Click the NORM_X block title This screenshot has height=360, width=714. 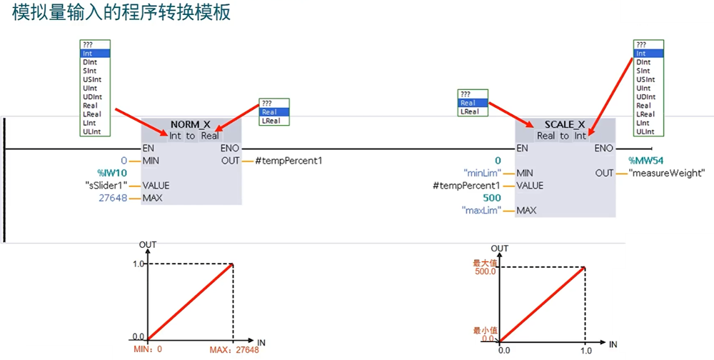pos(191,124)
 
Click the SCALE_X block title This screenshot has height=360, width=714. pos(565,124)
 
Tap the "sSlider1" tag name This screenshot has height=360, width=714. pos(106,185)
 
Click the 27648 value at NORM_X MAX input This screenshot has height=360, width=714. pos(114,198)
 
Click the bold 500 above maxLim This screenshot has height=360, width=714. pos(493,198)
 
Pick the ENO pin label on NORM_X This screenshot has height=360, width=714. pos(230,148)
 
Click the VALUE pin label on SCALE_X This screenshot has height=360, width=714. pos(530,186)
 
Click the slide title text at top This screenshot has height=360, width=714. pos(121,14)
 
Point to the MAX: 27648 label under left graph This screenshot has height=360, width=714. pos(233,350)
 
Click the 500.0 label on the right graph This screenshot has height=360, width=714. pos(485,271)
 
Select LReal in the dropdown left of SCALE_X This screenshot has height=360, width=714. pos(469,111)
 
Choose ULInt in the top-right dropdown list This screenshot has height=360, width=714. pos(645,131)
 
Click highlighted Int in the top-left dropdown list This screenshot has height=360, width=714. pos(96,54)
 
